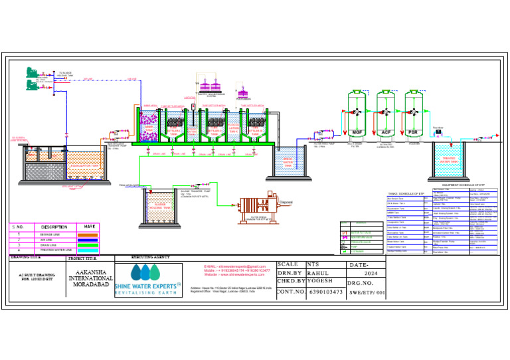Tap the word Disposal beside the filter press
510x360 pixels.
point(286,203)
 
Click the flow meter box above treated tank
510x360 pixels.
point(439,134)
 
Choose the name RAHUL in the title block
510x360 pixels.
point(319,272)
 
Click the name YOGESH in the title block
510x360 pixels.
point(321,281)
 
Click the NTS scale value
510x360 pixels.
point(313,264)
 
